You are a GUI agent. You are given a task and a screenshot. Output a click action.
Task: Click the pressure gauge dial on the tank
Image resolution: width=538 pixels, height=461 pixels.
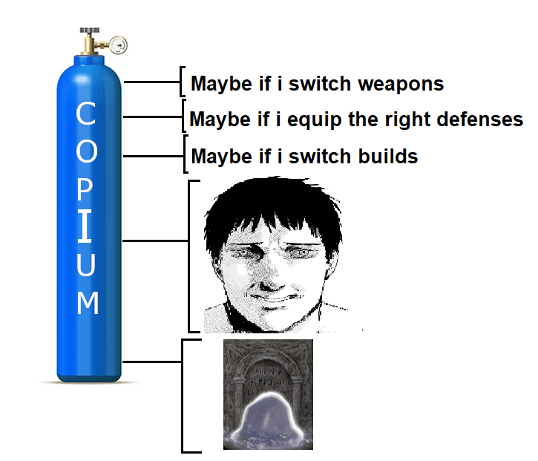click(x=119, y=45)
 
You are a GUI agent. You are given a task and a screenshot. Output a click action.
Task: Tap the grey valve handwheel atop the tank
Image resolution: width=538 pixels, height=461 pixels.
click(x=90, y=30)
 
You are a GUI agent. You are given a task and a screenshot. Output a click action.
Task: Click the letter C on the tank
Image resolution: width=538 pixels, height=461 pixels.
click(x=86, y=113)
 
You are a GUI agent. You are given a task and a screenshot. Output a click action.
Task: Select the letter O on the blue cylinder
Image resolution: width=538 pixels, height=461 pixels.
click(x=87, y=151)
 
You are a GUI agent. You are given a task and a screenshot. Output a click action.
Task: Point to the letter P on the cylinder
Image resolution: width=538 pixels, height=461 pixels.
click(x=85, y=189)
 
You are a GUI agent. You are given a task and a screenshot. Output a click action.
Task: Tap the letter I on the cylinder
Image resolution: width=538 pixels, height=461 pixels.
click(x=85, y=226)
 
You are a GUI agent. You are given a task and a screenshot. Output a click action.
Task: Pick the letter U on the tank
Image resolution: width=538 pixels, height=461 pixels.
click(x=86, y=264)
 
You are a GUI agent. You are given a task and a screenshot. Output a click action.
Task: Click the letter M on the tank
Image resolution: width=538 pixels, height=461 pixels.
click(x=88, y=302)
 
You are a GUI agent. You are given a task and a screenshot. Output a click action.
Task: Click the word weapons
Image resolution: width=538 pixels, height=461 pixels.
click(x=401, y=85)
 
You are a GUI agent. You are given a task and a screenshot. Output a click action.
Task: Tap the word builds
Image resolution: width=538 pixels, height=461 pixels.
click(x=388, y=156)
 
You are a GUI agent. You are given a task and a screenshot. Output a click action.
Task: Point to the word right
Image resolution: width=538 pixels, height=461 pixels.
click(x=407, y=120)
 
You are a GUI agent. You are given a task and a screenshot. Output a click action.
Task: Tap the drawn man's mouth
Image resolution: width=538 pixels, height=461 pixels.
click(x=275, y=298)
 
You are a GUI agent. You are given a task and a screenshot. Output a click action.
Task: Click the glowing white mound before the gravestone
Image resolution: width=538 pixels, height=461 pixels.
click(x=268, y=417)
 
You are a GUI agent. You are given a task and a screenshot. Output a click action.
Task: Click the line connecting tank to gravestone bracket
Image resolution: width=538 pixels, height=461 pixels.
click(x=152, y=362)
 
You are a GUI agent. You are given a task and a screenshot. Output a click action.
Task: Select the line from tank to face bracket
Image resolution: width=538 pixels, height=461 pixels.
click(x=155, y=241)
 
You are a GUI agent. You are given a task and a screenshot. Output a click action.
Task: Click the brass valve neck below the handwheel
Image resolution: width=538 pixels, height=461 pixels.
click(x=90, y=45)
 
